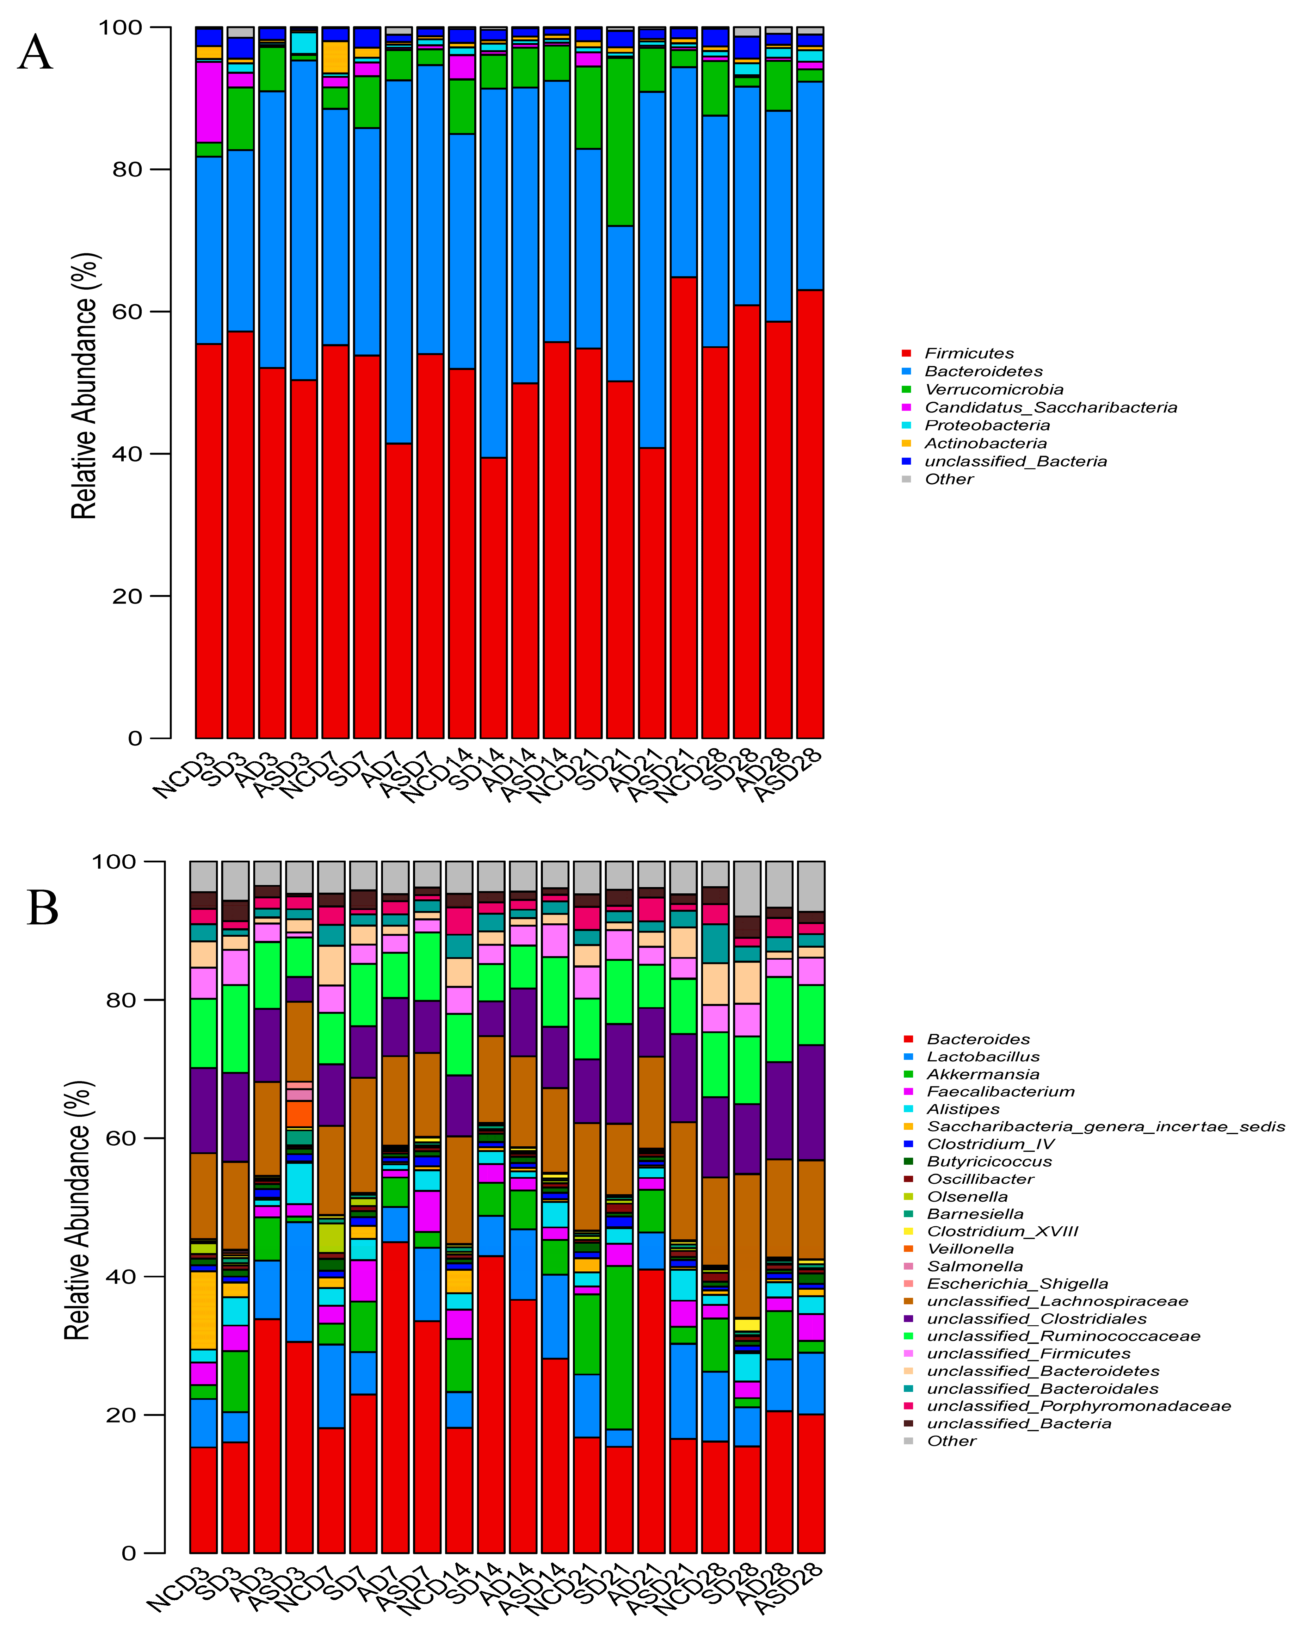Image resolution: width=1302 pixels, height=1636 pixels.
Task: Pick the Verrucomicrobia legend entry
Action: point(993,389)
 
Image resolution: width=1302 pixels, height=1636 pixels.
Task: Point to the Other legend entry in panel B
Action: point(951,1441)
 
